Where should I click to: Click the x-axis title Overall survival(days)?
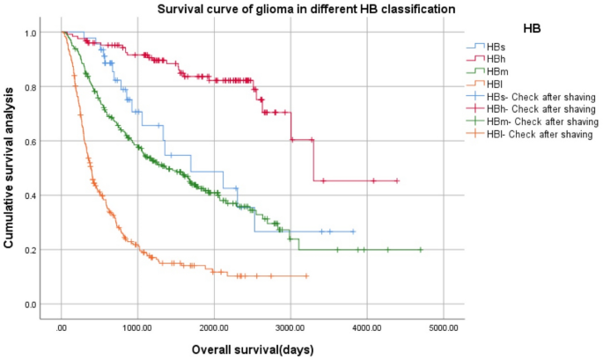click(x=253, y=349)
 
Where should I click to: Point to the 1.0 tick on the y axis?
click(x=32, y=33)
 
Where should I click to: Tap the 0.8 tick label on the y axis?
click(x=32, y=87)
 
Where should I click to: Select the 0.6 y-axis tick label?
click(x=32, y=142)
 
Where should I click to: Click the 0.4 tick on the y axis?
click(x=32, y=195)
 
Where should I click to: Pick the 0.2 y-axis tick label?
click(x=32, y=250)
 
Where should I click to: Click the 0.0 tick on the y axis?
click(x=32, y=305)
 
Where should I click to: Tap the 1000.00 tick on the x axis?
click(x=137, y=327)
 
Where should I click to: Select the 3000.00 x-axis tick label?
click(x=290, y=327)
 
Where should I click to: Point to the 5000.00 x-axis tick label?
click(x=443, y=327)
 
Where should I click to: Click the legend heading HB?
click(x=532, y=28)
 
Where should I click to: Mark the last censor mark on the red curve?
click(x=398, y=180)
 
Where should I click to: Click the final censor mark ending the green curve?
click(x=420, y=250)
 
